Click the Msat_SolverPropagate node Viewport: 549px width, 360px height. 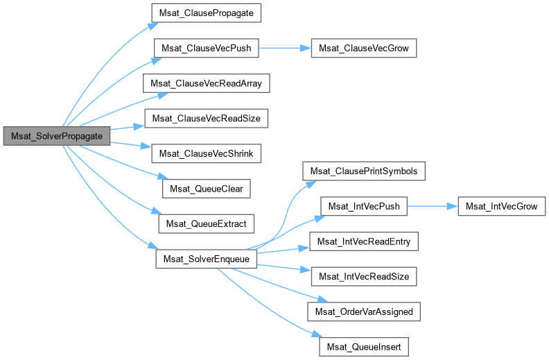pyautogui.click(x=58, y=136)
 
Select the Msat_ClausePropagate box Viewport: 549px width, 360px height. pyautogui.click(x=201, y=13)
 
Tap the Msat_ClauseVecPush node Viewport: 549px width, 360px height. pyautogui.click(x=207, y=49)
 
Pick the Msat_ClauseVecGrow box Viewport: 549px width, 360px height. pyautogui.click(x=364, y=49)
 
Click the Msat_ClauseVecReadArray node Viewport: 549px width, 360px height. pyautogui.click(x=206, y=83)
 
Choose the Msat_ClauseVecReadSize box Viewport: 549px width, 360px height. pyautogui.click(x=206, y=119)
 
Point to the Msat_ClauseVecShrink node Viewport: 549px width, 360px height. pyautogui.click(x=207, y=153)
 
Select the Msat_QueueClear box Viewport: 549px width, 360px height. pyautogui.click(x=206, y=188)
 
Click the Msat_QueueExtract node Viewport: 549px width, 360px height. pyautogui.click(x=207, y=223)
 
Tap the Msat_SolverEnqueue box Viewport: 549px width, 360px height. pyautogui.click(x=207, y=259)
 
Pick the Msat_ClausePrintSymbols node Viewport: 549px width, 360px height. pyautogui.click(x=364, y=171)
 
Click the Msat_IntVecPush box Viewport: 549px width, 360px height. pyautogui.click(x=364, y=206)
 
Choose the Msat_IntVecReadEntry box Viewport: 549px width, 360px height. pyautogui.click(x=364, y=241)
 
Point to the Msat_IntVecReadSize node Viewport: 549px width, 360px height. pyautogui.click(x=364, y=276)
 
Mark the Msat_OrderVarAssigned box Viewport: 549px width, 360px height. pyautogui.click(x=364, y=311)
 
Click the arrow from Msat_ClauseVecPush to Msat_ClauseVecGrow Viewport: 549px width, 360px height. pyautogui.click(x=285, y=49)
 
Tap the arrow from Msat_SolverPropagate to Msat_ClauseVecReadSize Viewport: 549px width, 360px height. pyautogui.click(x=127, y=128)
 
